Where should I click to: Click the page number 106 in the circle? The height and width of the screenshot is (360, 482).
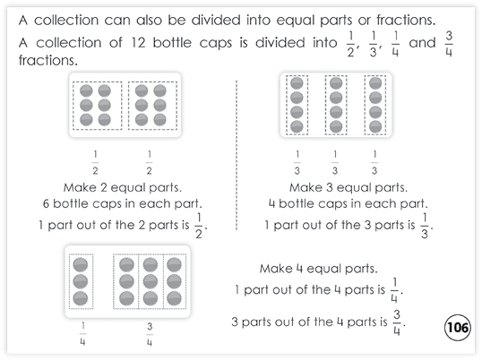click(458, 328)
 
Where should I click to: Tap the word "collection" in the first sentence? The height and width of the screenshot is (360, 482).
click(66, 21)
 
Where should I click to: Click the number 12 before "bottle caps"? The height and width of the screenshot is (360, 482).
click(138, 42)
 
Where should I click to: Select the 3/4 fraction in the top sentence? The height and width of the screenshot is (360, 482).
click(449, 44)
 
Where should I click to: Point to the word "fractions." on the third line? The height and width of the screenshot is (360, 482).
click(48, 60)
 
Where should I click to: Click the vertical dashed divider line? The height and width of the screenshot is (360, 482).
click(237, 155)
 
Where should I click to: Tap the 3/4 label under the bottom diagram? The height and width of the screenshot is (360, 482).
click(150, 335)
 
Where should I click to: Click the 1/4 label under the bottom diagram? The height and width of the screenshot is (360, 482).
click(82, 334)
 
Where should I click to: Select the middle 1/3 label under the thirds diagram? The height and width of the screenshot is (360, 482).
click(335, 162)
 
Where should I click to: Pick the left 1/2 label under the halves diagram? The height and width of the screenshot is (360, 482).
click(95, 162)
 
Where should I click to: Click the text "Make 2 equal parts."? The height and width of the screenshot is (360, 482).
click(123, 188)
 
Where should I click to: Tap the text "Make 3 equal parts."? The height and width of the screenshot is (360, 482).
click(349, 188)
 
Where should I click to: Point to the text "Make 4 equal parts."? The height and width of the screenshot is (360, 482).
click(318, 269)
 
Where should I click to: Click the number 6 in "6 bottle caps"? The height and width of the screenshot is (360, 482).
click(46, 203)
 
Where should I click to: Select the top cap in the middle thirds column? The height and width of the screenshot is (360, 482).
click(336, 83)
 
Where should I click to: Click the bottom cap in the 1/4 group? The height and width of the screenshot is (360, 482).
click(81, 298)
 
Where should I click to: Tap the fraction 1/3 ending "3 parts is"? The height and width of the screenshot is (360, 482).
click(425, 226)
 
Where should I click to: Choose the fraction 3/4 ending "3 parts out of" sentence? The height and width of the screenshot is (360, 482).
click(397, 322)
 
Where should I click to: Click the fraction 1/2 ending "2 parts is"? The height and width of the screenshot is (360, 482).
click(199, 226)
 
